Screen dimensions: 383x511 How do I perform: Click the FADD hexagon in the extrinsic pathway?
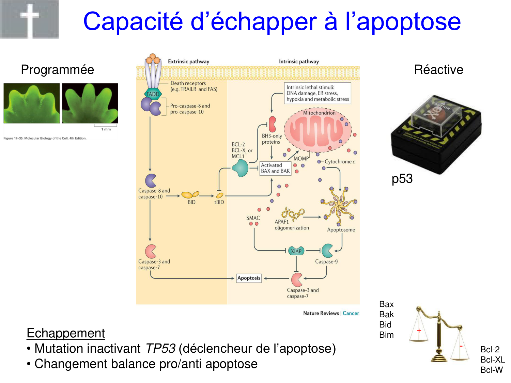(153, 94)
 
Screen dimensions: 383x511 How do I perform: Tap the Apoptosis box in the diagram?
(249, 278)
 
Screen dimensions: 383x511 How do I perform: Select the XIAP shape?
(296, 251)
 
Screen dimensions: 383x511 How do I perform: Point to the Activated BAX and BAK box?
(275, 168)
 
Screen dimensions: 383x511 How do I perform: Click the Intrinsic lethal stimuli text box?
(318, 93)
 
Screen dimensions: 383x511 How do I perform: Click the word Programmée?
(57, 70)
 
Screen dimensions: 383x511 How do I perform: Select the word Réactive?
(438, 70)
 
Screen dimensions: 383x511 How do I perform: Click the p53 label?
(402, 179)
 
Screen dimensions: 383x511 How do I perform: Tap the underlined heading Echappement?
(66, 333)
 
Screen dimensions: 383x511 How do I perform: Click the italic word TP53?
(160, 349)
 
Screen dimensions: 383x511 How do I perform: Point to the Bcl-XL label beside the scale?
(493, 360)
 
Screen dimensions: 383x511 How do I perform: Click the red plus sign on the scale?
(419, 330)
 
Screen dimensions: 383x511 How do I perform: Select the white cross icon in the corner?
(30, 19)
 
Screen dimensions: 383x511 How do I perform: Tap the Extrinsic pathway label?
(188, 62)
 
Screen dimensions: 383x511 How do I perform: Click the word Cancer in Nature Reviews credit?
(351, 313)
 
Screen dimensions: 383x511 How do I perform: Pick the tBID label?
(219, 202)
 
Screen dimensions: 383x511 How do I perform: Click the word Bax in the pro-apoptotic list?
(386, 304)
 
